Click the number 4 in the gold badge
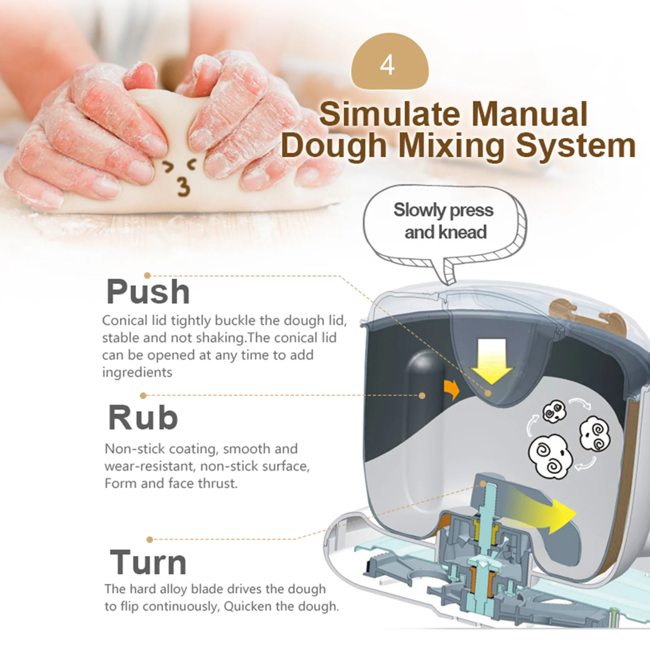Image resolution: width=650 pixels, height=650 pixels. (387, 65)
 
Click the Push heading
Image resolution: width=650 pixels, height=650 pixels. (148, 292)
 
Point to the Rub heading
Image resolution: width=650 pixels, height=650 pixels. (143, 418)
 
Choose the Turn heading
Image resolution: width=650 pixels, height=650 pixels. (148, 562)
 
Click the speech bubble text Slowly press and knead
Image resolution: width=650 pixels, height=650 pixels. (444, 221)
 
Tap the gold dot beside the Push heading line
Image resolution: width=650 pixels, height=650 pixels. (147, 276)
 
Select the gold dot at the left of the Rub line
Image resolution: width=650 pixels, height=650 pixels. (143, 395)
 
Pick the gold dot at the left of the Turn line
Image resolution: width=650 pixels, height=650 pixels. (150, 539)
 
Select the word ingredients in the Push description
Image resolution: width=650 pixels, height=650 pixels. (137, 372)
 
